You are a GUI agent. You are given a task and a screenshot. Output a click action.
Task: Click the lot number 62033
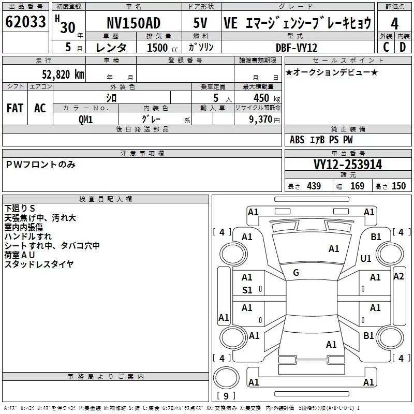pos(25,22)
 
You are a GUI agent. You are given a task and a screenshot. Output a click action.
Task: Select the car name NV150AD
pos(134,23)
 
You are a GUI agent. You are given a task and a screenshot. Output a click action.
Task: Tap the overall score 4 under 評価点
pos(394,23)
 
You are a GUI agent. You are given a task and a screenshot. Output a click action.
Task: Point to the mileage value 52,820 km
pos(63,75)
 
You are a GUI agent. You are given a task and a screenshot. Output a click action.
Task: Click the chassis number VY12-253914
pos(348,165)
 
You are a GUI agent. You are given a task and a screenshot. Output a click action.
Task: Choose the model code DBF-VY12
pos(297,48)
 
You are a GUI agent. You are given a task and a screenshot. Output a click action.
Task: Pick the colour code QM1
pos(85,120)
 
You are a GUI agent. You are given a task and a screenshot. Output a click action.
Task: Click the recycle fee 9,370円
pos(264,120)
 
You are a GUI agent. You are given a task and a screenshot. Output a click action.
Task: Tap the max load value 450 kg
pos(267,98)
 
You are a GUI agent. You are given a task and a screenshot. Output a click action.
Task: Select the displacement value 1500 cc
pos(162,48)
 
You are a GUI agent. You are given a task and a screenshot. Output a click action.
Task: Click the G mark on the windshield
pos(296,273)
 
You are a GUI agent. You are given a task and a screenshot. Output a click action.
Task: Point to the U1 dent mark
pos(366,258)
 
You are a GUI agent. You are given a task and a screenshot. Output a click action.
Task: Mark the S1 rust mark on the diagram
pos(247,290)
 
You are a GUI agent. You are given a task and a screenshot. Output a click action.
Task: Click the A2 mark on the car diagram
pos(398,276)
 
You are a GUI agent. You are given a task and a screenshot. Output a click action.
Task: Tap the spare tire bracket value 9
pos(226,396)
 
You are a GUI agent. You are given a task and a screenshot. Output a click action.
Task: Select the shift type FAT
pos(15,108)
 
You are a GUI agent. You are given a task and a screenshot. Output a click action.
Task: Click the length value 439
pos(314,186)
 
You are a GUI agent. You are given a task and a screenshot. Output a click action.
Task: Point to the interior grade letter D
pos(403,47)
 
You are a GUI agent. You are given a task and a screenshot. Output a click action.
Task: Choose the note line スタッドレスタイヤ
pos(39,264)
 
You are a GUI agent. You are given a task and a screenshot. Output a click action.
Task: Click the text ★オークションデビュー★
pos(332,72)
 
